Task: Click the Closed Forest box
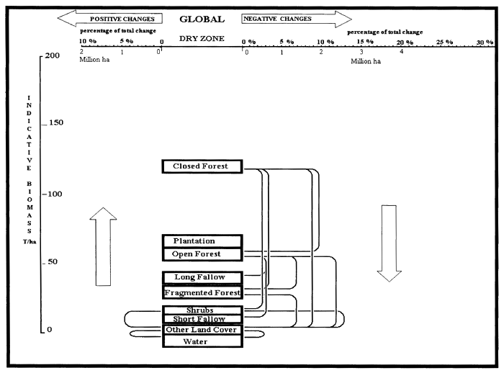[202, 166]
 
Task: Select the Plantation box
[202, 241]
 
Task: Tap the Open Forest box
[202, 254]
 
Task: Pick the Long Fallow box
[202, 277]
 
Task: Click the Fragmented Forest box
[202, 292]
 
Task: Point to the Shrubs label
[200, 310]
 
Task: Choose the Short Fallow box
[202, 319]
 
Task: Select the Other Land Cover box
[202, 330]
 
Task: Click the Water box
[202, 341]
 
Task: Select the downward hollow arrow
[390, 242]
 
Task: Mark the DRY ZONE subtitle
[202, 40]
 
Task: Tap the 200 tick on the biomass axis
[50, 55]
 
